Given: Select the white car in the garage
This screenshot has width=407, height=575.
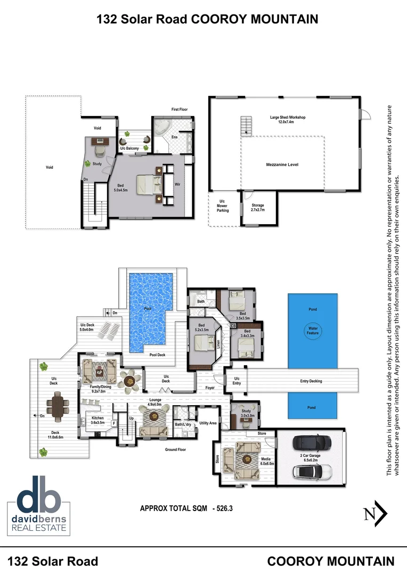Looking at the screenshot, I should point(312,472).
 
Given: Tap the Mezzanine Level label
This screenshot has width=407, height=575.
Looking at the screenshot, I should point(282,165).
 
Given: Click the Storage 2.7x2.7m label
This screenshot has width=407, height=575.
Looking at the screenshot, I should point(258,208).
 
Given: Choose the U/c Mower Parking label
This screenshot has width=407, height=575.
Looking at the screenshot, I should point(223,206).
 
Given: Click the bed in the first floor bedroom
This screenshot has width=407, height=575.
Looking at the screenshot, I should point(148,185).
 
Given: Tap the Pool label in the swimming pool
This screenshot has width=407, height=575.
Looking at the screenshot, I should point(148,309).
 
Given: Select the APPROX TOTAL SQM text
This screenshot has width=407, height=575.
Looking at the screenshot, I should point(174,508).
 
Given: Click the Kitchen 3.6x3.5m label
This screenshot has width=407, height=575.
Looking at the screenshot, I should point(97,421).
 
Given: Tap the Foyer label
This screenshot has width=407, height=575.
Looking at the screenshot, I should point(210,388).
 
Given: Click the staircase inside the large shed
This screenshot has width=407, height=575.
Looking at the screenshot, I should point(246,125).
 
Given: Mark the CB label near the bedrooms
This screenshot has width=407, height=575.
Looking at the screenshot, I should point(233,325).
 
